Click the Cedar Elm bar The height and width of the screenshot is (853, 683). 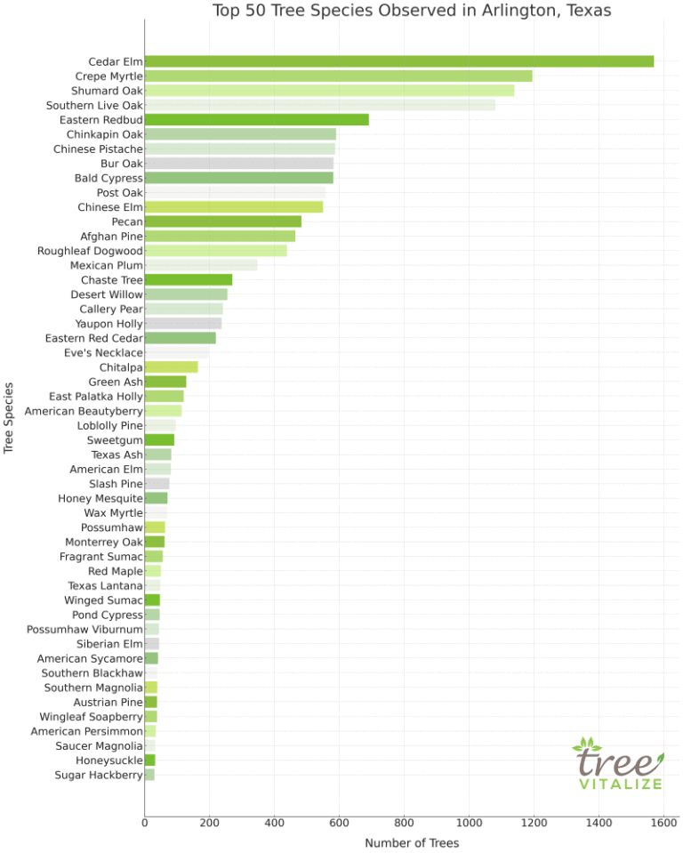coord(398,61)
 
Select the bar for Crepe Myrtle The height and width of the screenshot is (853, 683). coord(338,76)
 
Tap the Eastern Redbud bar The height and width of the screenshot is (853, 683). coord(256,119)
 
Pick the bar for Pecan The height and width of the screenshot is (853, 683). coord(222,221)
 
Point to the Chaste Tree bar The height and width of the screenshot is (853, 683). coord(188,279)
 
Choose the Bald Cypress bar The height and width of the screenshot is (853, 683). coord(238,178)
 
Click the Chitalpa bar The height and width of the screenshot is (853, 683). coord(171,366)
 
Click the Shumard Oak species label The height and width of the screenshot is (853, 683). coord(107,91)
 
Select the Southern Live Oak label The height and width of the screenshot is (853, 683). coord(94,105)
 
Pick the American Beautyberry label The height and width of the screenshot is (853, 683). coord(84,411)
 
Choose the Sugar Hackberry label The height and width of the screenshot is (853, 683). coord(99,775)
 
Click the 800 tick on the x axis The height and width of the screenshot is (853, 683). coord(405,823)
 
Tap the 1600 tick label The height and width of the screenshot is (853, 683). coord(663,823)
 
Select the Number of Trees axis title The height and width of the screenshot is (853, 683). coord(412,842)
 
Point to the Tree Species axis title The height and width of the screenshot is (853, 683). coord(10,418)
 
